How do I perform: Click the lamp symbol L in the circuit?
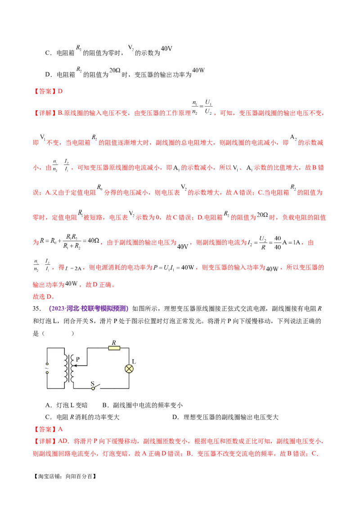click(x=129, y=369)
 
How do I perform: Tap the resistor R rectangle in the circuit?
click(x=114, y=348)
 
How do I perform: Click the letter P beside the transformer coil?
click(x=78, y=359)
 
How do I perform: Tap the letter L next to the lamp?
click(x=134, y=362)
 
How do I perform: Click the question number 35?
click(x=37, y=308)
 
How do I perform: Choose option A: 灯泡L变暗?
click(x=67, y=405)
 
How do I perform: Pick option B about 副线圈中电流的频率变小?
click(x=142, y=405)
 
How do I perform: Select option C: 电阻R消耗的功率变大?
click(x=82, y=417)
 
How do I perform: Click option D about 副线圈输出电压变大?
click(x=225, y=417)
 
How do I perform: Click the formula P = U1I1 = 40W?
click(x=174, y=268)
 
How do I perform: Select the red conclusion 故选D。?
click(x=44, y=296)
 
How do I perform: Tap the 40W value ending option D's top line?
click(x=198, y=70)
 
